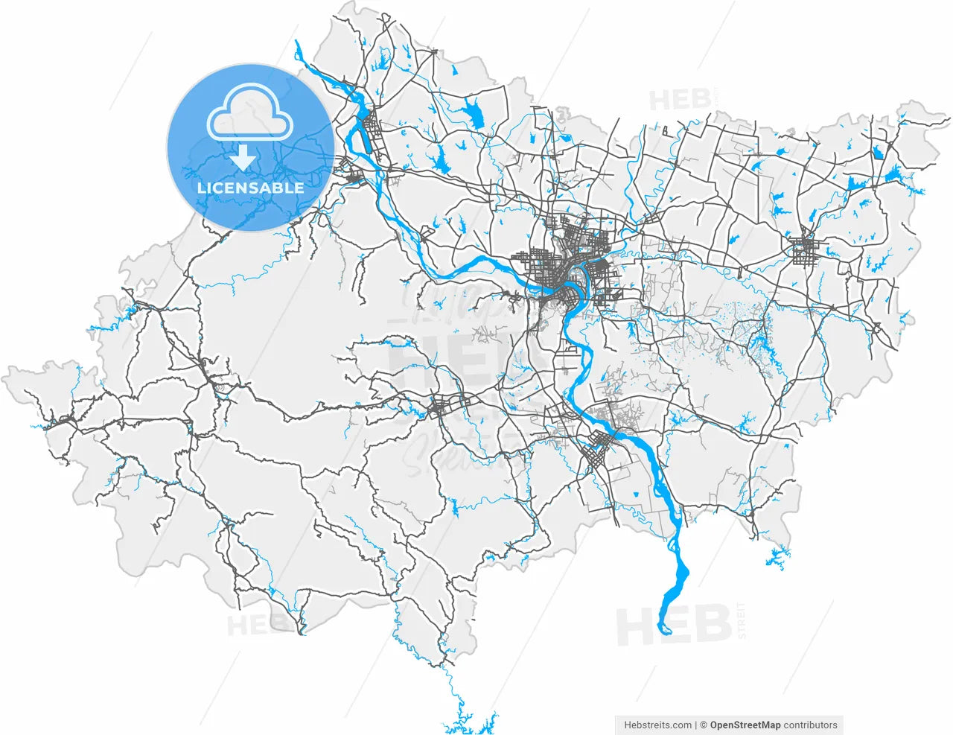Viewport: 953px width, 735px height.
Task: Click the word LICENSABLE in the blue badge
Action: (250, 188)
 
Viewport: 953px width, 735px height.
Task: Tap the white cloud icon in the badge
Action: (250, 112)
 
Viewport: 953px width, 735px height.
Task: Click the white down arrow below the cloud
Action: (243, 159)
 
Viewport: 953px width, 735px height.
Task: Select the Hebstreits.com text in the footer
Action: (657, 725)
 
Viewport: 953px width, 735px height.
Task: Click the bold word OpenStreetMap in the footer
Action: (745, 725)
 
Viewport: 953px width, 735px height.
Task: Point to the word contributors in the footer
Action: (811, 725)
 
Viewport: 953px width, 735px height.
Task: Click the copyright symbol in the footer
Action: (703, 725)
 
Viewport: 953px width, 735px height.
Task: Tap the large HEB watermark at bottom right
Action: (673, 626)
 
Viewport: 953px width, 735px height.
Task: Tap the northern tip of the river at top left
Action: (297, 43)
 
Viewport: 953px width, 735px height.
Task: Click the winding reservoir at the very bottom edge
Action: (469, 722)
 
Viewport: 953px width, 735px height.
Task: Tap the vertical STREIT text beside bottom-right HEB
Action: (740, 620)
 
